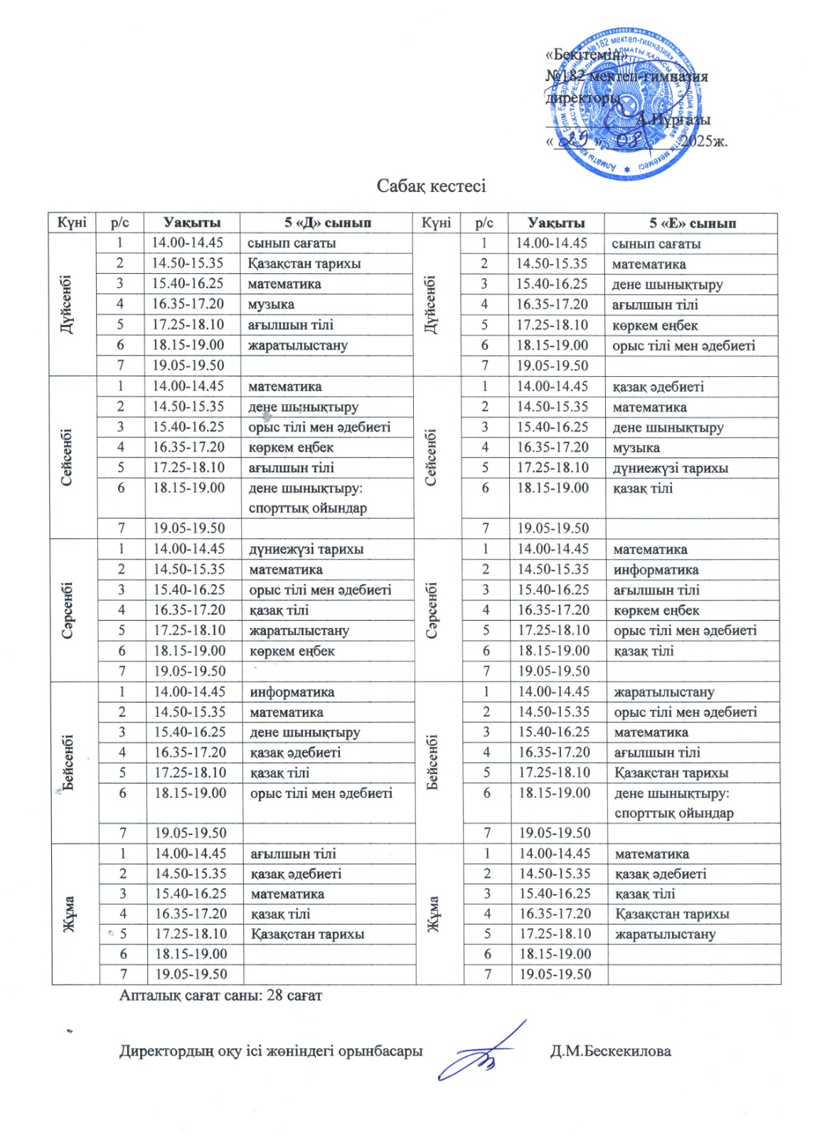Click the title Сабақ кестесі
point(431,186)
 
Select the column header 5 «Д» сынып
point(328,223)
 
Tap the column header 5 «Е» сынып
point(692,223)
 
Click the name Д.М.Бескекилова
point(610,1051)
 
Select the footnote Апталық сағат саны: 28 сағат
point(220,995)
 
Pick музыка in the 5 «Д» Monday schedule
point(271,304)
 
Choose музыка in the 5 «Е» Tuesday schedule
point(636,448)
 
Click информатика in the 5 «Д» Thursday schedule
point(292,692)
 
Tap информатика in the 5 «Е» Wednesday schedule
point(656,570)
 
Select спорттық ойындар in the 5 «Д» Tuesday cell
point(307,509)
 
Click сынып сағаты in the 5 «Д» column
point(292,243)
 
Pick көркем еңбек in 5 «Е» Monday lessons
point(655,326)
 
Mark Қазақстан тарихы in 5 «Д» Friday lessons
point(307,934)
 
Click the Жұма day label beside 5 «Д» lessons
point(70,914)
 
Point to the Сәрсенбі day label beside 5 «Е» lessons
point(432,610)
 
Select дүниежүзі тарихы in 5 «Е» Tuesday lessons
point(671,468)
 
